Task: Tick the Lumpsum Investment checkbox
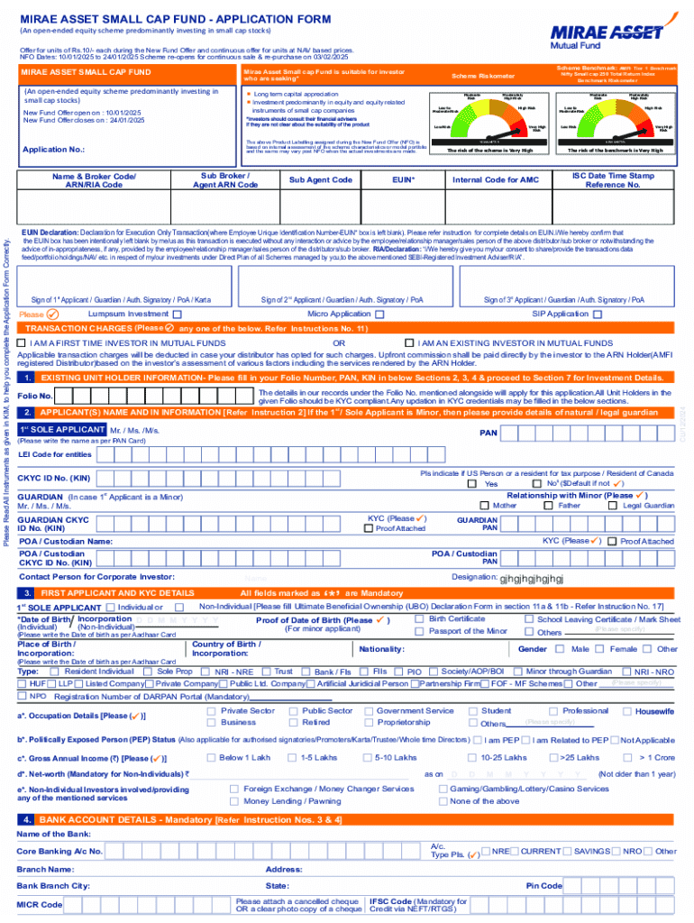(x=178, y=315)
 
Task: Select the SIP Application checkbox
(x=597, y=315)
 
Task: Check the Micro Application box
(x=379, y=315)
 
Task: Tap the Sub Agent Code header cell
(x=320, y=180)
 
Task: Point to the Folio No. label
(x=34, y=396)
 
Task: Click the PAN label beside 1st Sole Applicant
(x=489, y=433)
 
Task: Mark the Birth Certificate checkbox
(x=419, y=619)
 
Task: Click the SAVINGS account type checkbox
(x=565, y=851)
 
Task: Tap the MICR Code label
(x=40, y=904)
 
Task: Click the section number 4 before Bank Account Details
(x=29, y=819)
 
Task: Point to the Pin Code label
(x=543, y=886)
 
